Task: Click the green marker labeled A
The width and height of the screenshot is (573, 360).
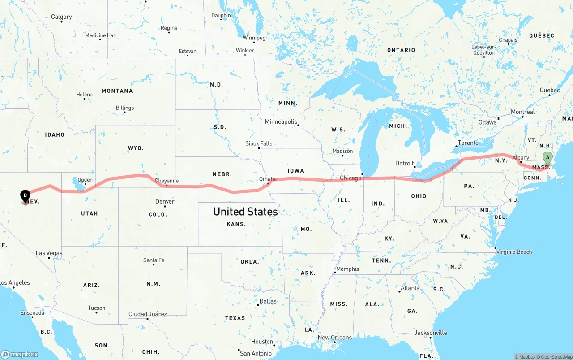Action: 547,158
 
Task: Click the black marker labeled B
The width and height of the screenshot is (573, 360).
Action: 26,195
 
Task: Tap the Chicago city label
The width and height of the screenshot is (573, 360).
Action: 351,178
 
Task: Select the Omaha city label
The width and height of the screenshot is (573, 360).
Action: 268,179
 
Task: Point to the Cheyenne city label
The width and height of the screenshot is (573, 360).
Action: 167,181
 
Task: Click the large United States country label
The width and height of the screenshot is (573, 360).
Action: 245,212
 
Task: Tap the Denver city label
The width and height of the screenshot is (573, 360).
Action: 164,202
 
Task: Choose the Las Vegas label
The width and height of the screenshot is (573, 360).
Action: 49,253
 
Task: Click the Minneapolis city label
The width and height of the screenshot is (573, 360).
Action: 281,121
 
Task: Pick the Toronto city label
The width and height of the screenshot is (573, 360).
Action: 468,143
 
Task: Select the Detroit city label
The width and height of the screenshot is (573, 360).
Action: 404,164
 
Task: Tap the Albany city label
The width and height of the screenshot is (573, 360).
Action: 521,158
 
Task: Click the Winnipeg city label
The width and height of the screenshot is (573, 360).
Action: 254,38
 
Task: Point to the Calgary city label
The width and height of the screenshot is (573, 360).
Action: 61,17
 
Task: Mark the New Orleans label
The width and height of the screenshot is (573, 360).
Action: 335,338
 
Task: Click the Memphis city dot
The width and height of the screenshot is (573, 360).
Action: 335,272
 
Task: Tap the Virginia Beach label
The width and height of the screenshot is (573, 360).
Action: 514,252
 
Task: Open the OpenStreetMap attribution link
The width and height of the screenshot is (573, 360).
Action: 556,357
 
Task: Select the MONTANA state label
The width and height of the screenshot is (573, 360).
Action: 117,91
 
